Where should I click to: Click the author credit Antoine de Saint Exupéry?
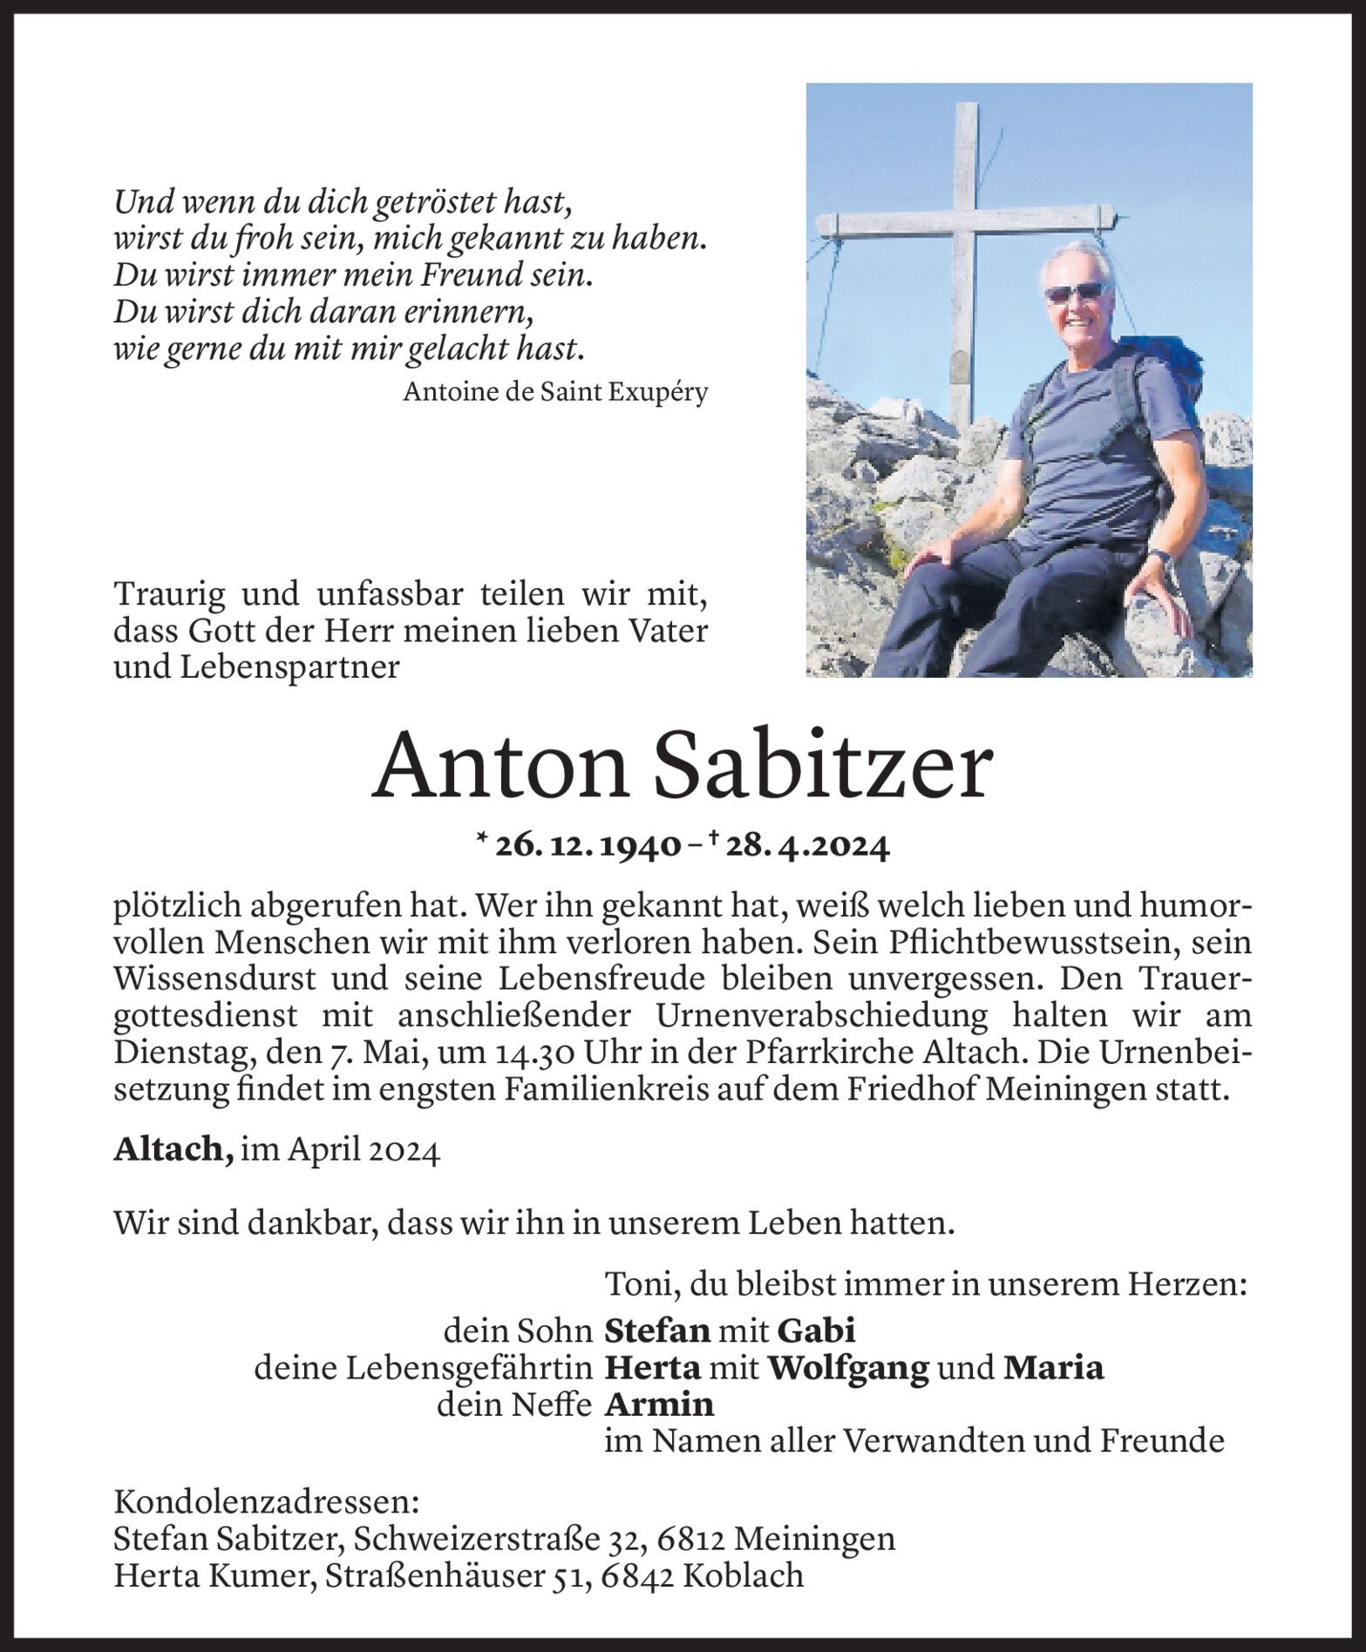555,393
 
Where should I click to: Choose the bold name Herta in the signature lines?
653,1368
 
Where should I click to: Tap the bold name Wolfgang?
847,1368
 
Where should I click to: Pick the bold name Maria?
1053,1368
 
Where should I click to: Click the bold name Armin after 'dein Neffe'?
659,1405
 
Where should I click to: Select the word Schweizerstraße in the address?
476,1539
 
